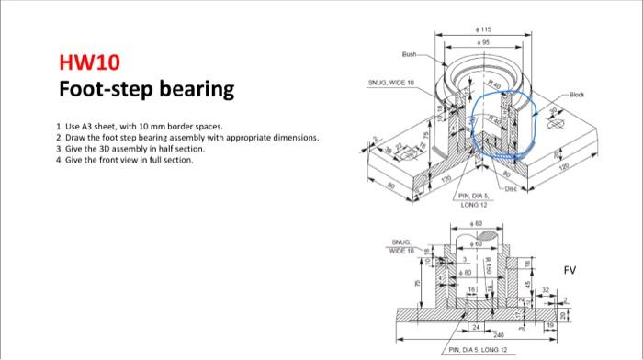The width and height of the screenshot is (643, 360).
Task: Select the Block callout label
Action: click(x=576, y=95)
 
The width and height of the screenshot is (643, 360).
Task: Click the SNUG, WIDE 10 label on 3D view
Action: click(x=390, y=82)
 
